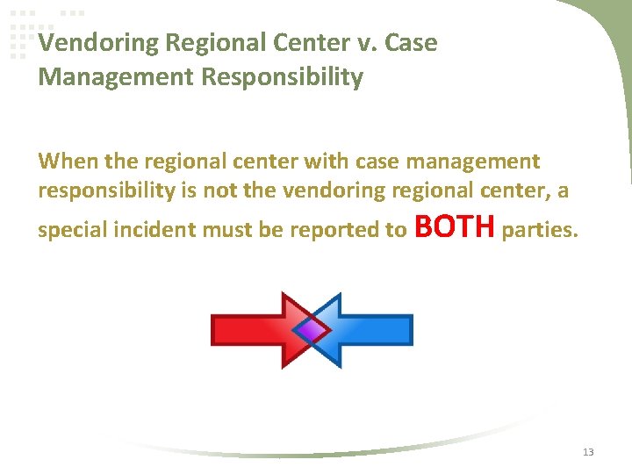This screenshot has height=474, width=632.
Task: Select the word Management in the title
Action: coord(116,77)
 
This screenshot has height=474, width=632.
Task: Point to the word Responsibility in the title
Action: coord(282,77)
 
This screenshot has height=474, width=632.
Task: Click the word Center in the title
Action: coord(325,43)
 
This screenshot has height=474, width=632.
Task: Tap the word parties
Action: coord(539,232)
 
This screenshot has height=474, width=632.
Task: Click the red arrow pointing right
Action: coord(250,329)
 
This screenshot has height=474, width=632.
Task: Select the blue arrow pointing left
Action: coord(373,329)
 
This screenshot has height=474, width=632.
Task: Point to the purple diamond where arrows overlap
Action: coord(311,329)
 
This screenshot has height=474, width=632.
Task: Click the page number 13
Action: coord(587,452)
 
